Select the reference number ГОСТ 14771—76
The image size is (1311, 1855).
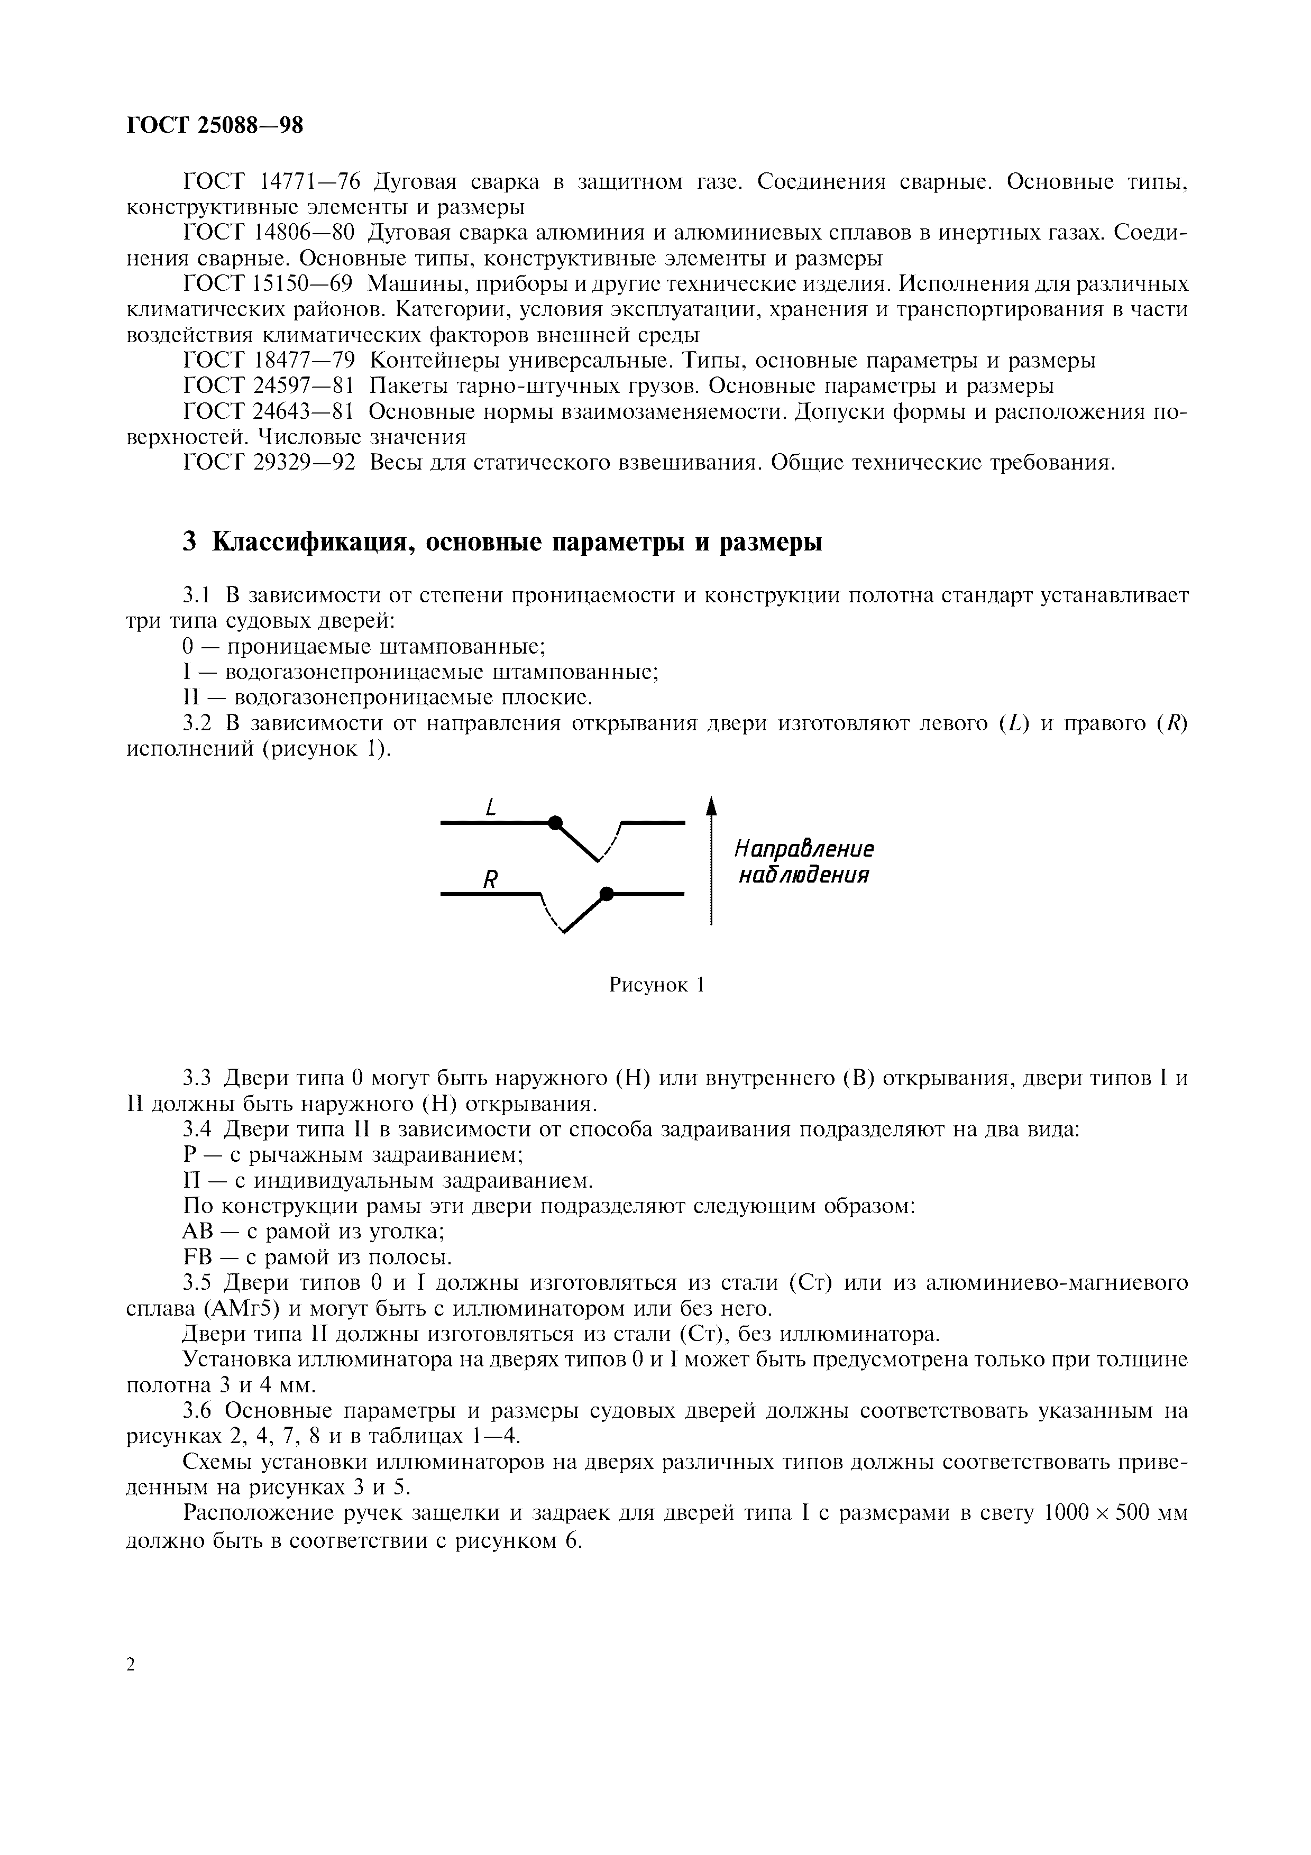click(270, 182)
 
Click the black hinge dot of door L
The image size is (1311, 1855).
click(554, 822)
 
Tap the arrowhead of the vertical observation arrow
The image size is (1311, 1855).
click(711, 806)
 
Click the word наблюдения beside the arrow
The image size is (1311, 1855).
click(804, 875)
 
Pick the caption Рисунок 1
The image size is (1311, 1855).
click(657, 985)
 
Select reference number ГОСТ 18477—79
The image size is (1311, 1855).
click(270, 360)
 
